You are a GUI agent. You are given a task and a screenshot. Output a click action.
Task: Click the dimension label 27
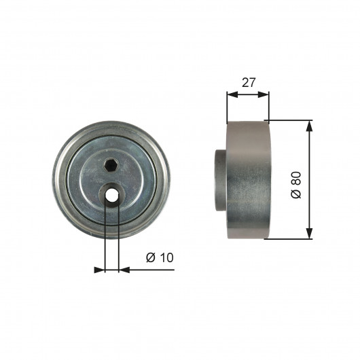(x=249, y=83)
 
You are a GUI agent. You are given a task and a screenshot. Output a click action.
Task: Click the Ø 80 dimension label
(x=295, y=185)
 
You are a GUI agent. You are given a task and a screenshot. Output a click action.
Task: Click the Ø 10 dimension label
(x=160, y=257)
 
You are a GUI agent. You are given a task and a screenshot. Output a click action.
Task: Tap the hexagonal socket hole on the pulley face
(x=111, y=165)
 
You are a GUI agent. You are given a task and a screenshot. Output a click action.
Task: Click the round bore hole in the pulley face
(x=111, y=196)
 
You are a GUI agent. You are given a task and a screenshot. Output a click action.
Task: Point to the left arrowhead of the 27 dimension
(x=232, y=94)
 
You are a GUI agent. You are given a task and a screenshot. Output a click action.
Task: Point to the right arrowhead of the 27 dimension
(x=264, y=94)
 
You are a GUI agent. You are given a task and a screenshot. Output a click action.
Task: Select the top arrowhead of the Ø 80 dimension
(x=310, y=126)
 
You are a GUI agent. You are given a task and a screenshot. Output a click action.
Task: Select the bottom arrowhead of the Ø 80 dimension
(x=310, y=233)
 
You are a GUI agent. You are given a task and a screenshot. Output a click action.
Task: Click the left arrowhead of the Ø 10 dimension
(x=99, y=270)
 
